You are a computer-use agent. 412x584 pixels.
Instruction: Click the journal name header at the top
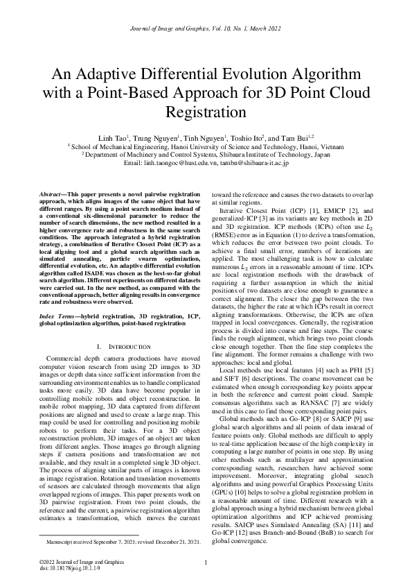(206, 28)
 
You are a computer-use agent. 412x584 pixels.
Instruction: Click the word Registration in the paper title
(206, 111)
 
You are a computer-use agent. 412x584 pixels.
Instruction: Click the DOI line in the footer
(60, 569)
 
